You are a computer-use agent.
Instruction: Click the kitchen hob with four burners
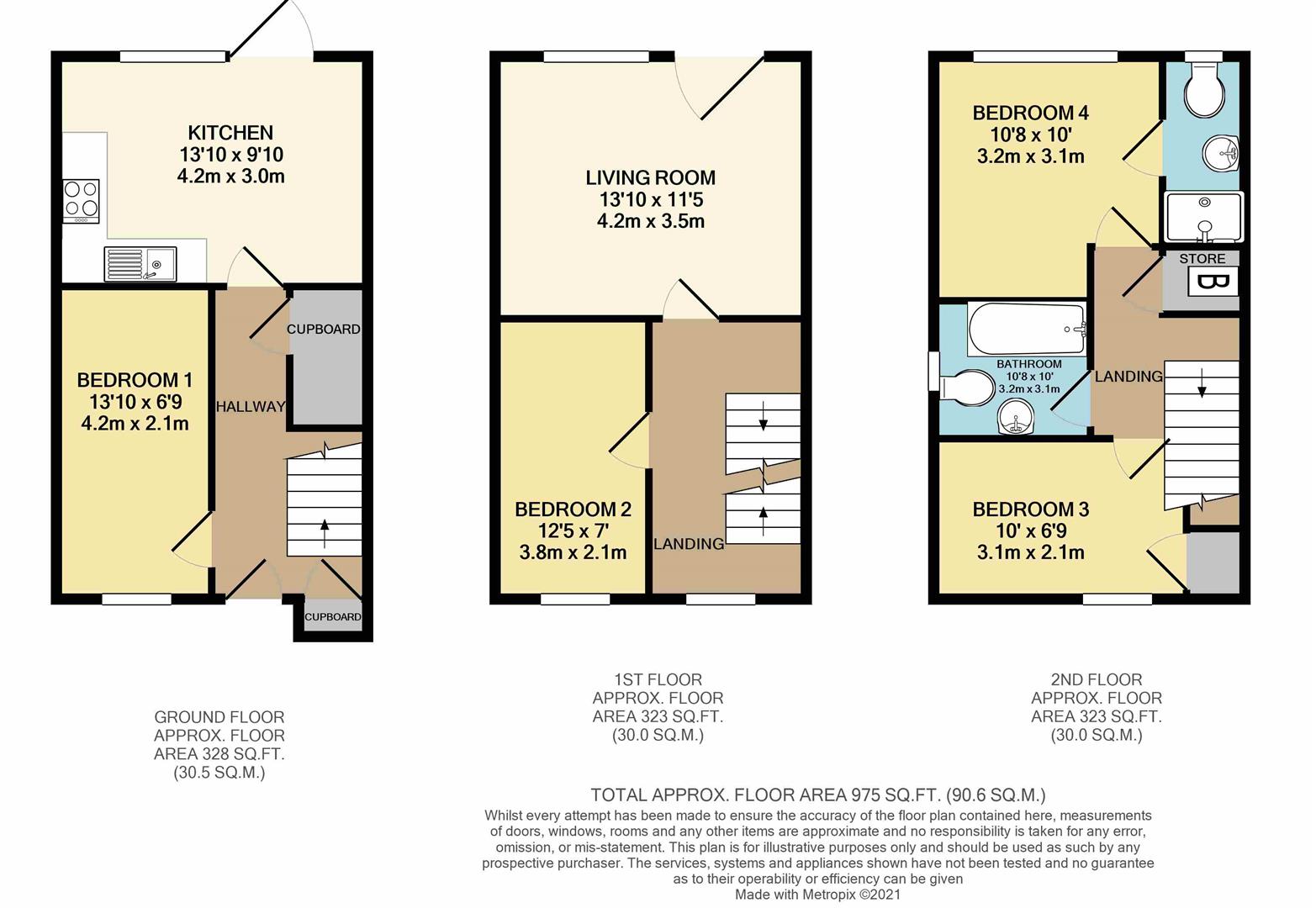point(82,200)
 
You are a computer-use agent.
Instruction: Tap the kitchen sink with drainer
point(140,264)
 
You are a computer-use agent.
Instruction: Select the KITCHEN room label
point(230,133)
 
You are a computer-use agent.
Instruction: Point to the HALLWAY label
point(251,407)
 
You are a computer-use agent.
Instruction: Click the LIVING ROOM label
point(651,178)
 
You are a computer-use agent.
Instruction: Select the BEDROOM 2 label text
point(573,509)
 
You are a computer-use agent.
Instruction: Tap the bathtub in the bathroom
point(1027,330)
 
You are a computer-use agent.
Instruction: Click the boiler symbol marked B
point(1213,282)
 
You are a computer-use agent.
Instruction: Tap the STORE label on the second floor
point(1202,259)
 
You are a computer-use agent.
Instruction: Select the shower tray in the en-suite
point(1203,217)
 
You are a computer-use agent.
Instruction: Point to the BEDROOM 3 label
point(1030,509)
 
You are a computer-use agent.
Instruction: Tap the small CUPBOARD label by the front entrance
point(332,617)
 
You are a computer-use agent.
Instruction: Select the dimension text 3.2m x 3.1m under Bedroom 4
point(1030,156)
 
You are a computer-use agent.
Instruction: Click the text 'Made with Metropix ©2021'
point(817,895)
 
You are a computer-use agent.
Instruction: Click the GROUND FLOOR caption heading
point(219,717)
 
